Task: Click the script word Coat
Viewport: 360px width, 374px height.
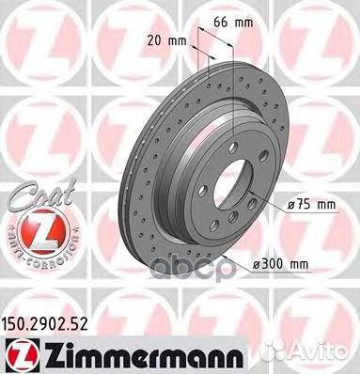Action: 26,195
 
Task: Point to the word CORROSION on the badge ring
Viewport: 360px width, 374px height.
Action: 37,256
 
